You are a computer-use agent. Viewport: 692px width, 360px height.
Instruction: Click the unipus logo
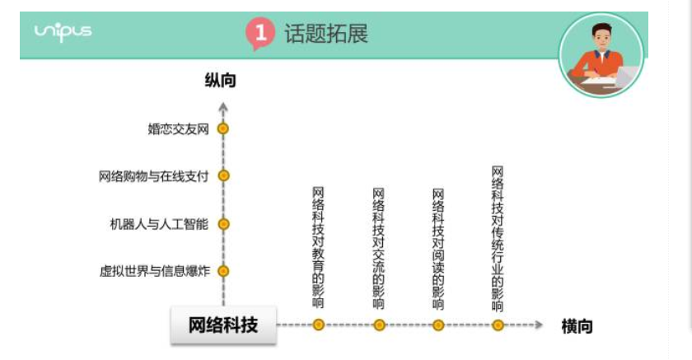pyautogui.click(x=63, y=32)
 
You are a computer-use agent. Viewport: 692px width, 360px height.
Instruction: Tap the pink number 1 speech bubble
pyautogui.click(x=260, y=34)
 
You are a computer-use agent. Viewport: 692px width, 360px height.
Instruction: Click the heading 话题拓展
pyautogui.click(x=326, y=34)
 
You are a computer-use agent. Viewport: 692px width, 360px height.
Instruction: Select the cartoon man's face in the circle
pyautogui.click(x=602, y=38)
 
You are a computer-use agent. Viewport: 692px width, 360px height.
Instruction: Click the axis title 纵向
pyautogui.click(x=220, y=80)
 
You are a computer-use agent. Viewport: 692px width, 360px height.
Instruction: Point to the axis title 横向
pyautogui.click(x=577, y=326)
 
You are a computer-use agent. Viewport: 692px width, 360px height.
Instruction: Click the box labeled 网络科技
pyautogui.click(x=223, y=325)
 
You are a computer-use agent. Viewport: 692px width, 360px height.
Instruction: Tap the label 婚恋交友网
pyautogui.click(x=178, y=129)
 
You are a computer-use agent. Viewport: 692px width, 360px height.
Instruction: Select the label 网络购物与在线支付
pyautogui.click(x=153, y=176)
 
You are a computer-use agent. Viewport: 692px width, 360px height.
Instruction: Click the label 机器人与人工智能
pyautogui.click(x=159, y=224)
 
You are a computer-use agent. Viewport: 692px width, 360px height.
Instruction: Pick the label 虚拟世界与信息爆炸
pyautogui.click(x=155, y=271)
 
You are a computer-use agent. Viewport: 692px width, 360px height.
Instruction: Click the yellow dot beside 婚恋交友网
pyautogui.click(x=223, y=129)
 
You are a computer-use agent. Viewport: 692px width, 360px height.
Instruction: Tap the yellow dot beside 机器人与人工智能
pyautogui.click(x=224, y=224)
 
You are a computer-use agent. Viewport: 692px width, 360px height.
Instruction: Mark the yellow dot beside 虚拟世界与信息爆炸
pyautogui.click(x=224, y=271)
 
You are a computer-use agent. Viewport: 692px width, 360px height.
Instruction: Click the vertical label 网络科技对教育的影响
pyautogui.click(x=318, y=247)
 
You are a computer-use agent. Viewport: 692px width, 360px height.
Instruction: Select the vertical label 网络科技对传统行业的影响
pyautogui.click(x=498, y=239)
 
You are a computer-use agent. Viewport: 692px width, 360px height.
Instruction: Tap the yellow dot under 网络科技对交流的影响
pyautogui.click(x=379, y=325)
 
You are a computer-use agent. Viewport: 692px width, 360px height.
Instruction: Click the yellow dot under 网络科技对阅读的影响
pyautogui.click(x=438, y=325)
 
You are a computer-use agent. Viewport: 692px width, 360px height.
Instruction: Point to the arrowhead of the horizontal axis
pyautogui.click(x=539, y=325)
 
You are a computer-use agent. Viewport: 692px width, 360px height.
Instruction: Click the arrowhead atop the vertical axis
pyautogui.click(x=223, y=107)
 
